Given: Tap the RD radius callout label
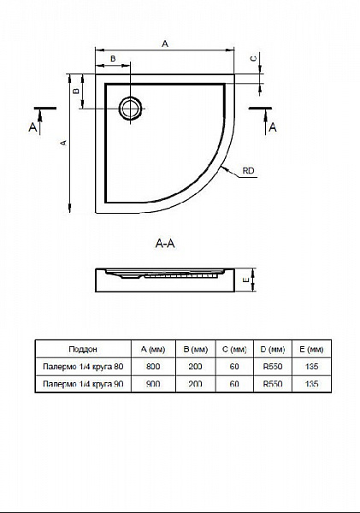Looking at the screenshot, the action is click(248, 171).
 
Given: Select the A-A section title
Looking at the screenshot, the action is click(165, 244).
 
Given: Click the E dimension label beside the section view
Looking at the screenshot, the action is click(246, 280).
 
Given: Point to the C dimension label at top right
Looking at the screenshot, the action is click(253, 58).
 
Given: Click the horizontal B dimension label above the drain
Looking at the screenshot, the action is click(113, 58).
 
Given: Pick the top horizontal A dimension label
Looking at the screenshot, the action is click(165, 44).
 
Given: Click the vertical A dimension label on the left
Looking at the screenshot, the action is click(64, 143).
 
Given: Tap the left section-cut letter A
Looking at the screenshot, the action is click(32, 127).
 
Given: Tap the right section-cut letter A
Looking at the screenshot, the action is click(273, 127).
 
